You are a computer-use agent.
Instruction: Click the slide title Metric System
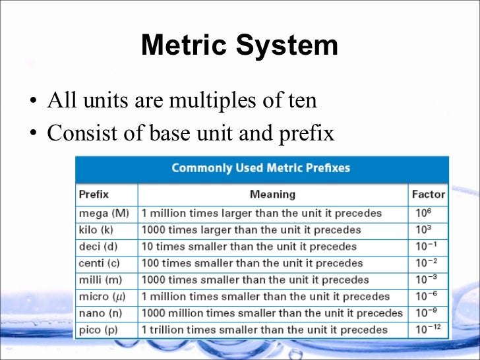point(239,46)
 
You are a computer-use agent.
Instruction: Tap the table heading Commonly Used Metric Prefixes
point(260,167)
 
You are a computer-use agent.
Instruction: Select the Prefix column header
point(94,195)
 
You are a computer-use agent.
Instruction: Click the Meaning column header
point(272,195)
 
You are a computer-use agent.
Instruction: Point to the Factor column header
point(428,195)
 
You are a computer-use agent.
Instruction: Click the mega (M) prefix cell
point(104,214)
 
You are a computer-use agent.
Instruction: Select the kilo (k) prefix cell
point(96,230)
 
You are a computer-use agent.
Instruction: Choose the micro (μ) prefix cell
point(102,297)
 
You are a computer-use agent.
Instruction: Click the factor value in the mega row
point(424,213)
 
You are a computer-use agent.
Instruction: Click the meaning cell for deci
point(249,247)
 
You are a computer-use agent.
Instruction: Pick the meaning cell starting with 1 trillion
point(264,330)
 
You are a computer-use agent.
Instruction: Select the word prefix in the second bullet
point(309,135)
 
